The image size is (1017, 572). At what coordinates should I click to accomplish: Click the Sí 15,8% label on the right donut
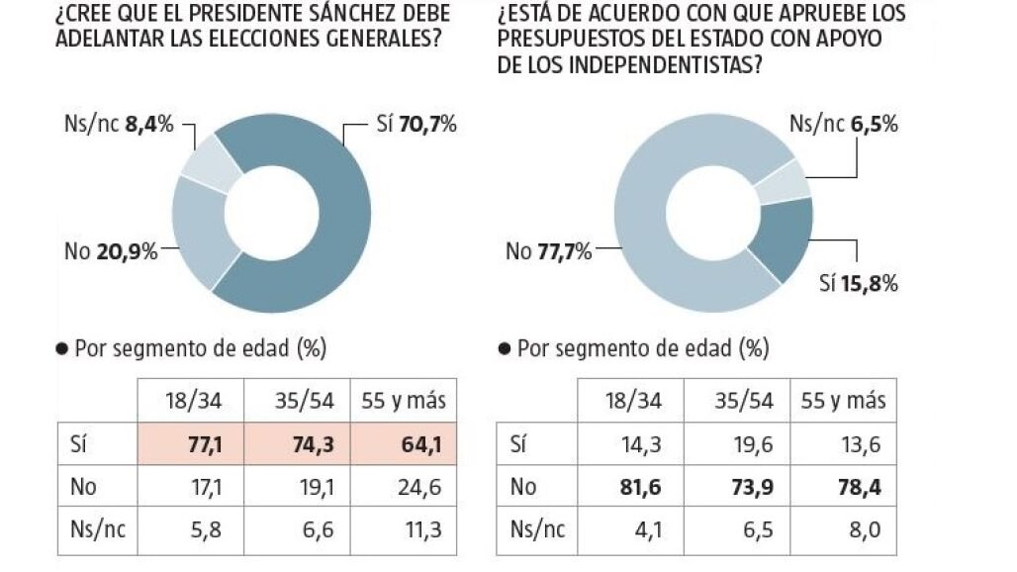[858, 284]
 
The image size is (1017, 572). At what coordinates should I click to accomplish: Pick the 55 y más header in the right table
[844, 401]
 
